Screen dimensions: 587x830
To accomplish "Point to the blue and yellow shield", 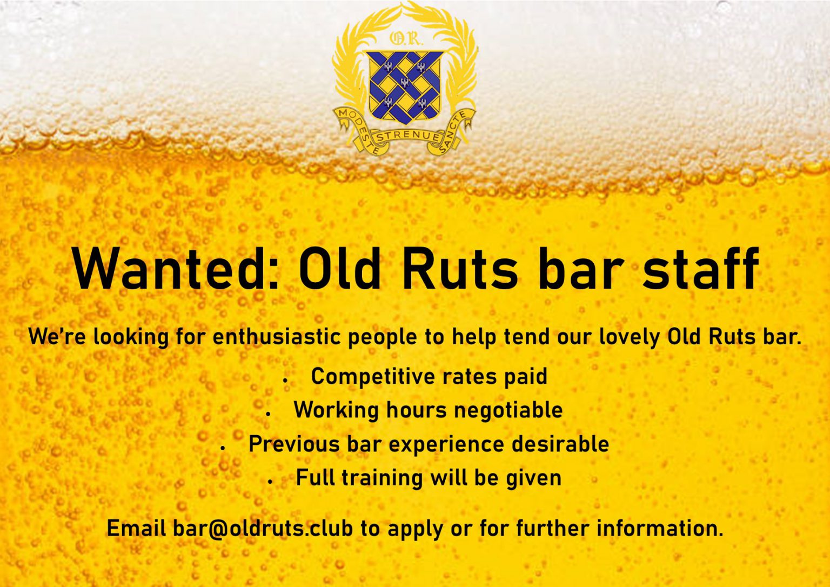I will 405,85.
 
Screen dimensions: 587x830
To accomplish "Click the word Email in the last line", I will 136,528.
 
